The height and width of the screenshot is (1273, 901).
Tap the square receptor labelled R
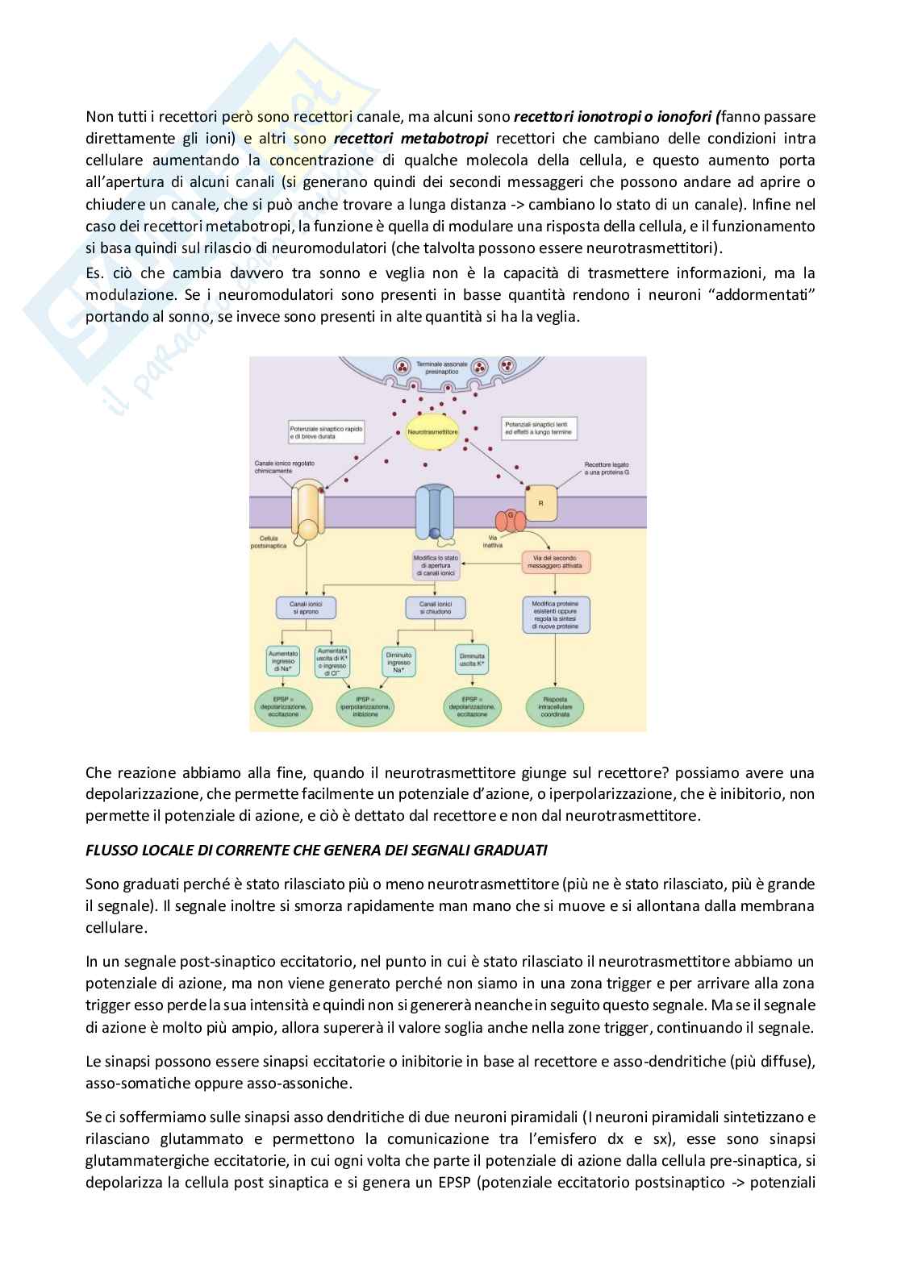point(540,502)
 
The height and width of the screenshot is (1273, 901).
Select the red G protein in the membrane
point(511,515)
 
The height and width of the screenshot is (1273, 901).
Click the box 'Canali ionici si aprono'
point(306,607)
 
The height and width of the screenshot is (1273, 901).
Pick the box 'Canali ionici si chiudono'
point(434,607)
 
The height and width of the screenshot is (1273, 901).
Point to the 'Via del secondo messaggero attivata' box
point(557,562)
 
